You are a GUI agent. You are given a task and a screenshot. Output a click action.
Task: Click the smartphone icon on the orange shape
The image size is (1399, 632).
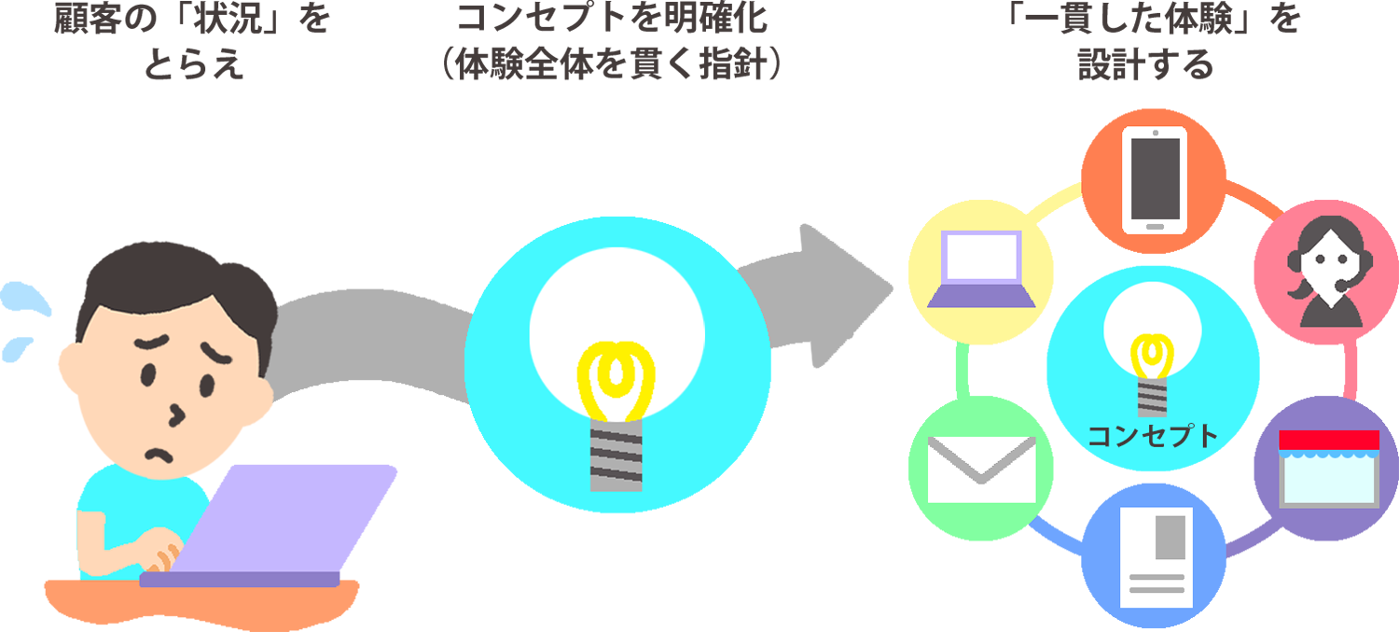click(1155, 180)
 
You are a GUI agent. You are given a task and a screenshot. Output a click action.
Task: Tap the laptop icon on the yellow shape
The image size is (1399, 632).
click(981, 269)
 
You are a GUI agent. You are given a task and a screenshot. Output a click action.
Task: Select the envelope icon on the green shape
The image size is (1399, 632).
click(981, 470)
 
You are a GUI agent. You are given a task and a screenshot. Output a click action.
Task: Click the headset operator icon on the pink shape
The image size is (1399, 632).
click(1326, 272)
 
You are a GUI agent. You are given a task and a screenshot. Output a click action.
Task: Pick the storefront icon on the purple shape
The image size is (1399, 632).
click(1329, 469)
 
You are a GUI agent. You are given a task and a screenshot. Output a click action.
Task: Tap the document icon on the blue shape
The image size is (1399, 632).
click(1157, 557)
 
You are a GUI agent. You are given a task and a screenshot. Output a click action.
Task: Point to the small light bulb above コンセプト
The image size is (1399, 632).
click(1153, 345)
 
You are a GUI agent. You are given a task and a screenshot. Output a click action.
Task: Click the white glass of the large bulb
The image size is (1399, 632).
click(616, 299)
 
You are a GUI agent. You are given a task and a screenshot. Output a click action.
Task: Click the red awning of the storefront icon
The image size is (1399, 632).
click(1329, 440)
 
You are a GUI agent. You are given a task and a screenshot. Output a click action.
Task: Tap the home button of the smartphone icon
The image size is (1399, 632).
click(1155, 226)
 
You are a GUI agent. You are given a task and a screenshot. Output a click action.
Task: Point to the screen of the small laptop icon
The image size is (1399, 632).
click(981, 257)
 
